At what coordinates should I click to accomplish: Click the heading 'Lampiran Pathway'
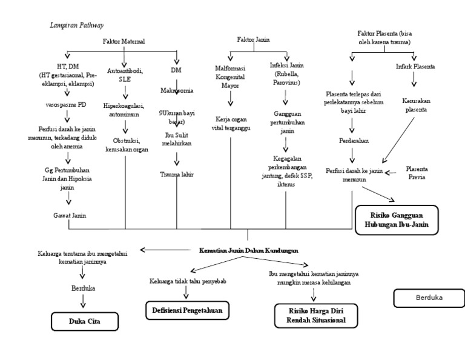coord(76,25)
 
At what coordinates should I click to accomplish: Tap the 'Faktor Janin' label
coord(252,39)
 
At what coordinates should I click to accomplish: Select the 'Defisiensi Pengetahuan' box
coord(186,311)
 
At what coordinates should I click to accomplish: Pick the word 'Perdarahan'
coord(354,140)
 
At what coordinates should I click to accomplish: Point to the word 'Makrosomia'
coord(177,90)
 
